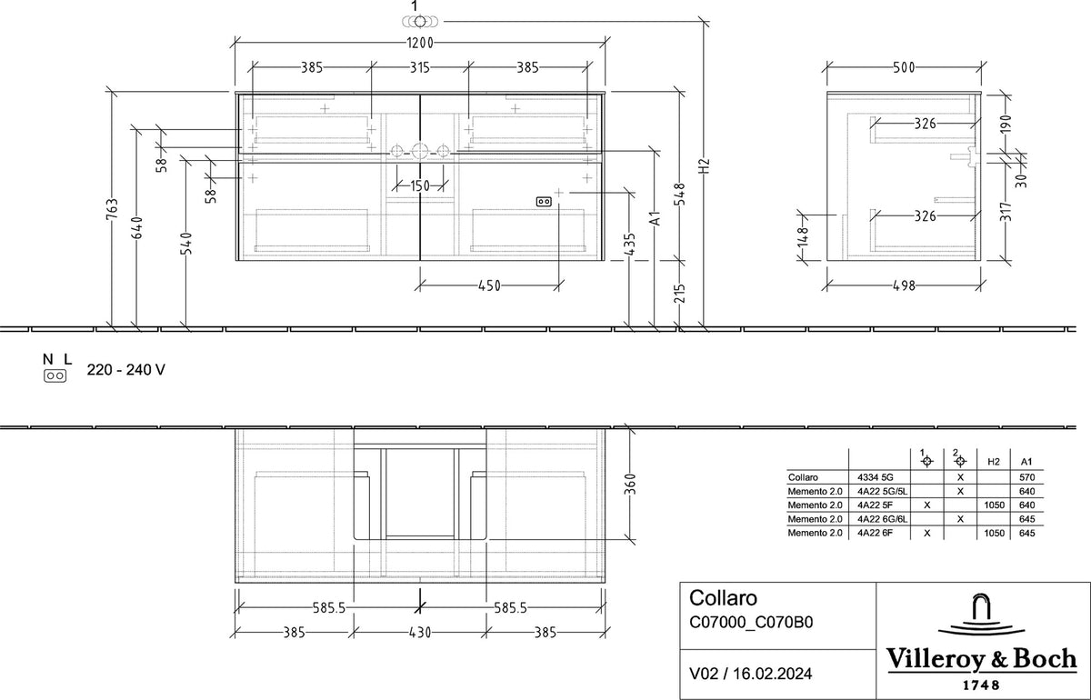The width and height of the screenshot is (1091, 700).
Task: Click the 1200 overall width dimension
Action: tap(420, 43)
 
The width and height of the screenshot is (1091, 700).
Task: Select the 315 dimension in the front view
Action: tap(419, 67)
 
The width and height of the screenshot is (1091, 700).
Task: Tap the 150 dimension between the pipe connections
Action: tap(420, 185)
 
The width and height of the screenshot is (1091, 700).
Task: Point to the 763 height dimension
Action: tap(112, 208)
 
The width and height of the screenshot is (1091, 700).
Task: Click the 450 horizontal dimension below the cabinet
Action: tap(489, 285)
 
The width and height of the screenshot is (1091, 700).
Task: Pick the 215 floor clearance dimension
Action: tap(680, 294)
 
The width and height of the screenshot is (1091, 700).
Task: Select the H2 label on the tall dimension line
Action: tap(705, 165)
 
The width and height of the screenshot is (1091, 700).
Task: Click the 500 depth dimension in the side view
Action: tap(904, 67)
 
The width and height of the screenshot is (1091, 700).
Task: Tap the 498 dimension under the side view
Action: tap(904, 285)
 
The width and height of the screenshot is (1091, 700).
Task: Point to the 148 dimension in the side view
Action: tap(803, 237)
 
